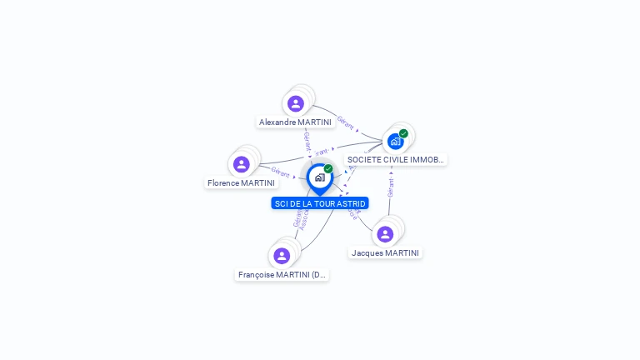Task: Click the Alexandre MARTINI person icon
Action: click(295, 104)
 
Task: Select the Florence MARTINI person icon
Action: click(242, 164)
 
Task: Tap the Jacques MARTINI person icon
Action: click(385, 234)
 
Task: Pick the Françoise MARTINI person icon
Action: click(282, 256)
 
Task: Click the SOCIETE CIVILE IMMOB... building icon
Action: click(395, 141)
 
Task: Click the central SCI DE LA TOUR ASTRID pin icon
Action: click(319, 177)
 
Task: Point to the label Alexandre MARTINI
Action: click(295, 122)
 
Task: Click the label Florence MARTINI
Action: click(241, 182)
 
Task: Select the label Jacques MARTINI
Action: click(385, 252)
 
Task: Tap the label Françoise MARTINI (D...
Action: click(282, 274)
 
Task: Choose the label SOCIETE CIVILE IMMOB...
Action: click(396, 159)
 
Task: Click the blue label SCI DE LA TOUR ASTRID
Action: click(319, 203)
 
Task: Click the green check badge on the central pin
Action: click(328, 168)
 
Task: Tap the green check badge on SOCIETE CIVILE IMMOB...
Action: click(403, 133)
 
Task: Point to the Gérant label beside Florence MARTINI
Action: click(281, 171)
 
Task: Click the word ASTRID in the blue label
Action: click(350, 203)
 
